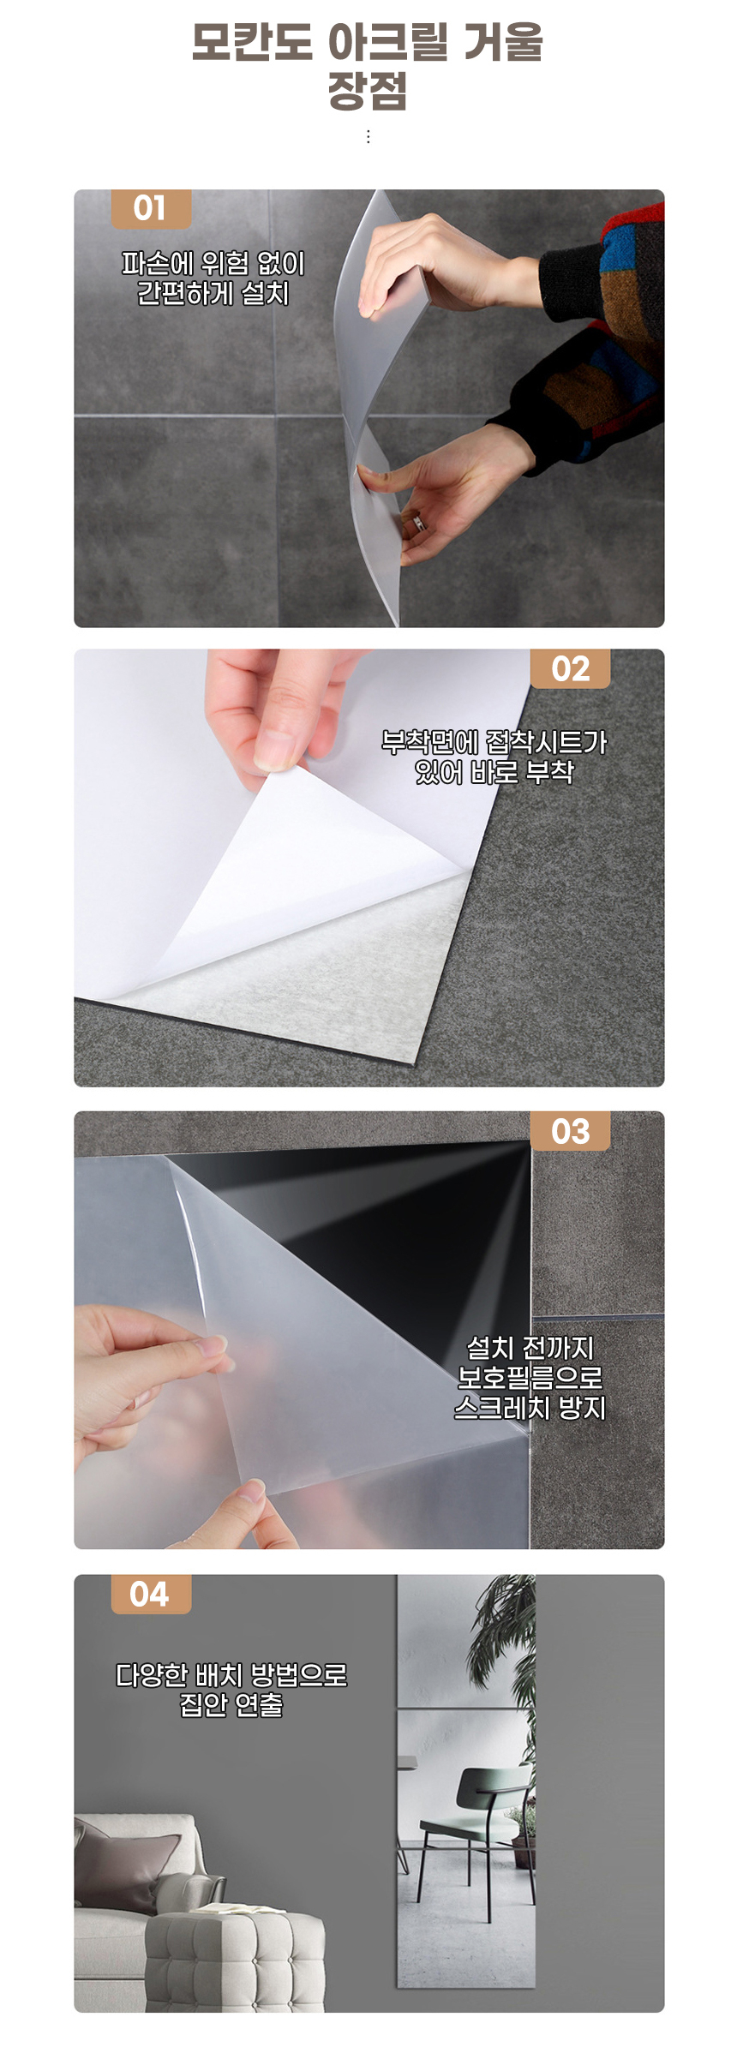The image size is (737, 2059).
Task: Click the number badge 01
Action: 151,209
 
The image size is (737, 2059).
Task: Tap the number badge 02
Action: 570,669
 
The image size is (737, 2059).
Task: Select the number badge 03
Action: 570,1132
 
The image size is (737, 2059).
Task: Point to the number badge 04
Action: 151,1595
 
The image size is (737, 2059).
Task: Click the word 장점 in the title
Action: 368,91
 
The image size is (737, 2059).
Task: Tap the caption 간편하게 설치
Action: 213,294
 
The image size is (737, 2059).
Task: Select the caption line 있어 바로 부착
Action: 494,772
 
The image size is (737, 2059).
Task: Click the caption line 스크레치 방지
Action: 530,1408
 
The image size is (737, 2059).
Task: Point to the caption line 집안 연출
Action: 231,1704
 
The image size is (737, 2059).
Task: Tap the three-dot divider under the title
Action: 368,137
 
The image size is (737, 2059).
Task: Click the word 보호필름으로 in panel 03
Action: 530,1378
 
